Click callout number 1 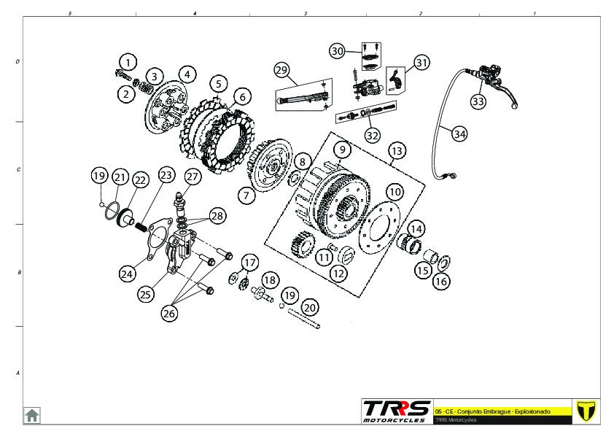tap(128, 62)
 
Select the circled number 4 tap(187, 74)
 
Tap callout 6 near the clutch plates tap(242, 96)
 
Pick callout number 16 tap(441, 281)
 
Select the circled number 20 tap(310, 307)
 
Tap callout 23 tap(167, 175)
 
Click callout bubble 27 tap(192, 177)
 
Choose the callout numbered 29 tap(282, 70)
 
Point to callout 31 tap(422, 63)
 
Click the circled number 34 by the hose tap(459, 134)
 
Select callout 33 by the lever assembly tap(478, 101)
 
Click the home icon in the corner tap(32, 415)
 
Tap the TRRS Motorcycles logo tap(396, 411)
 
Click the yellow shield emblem tap(587, 411)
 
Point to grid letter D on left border tap(18, 62)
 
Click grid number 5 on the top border tap(69, 14)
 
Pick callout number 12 tap(339, 274)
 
